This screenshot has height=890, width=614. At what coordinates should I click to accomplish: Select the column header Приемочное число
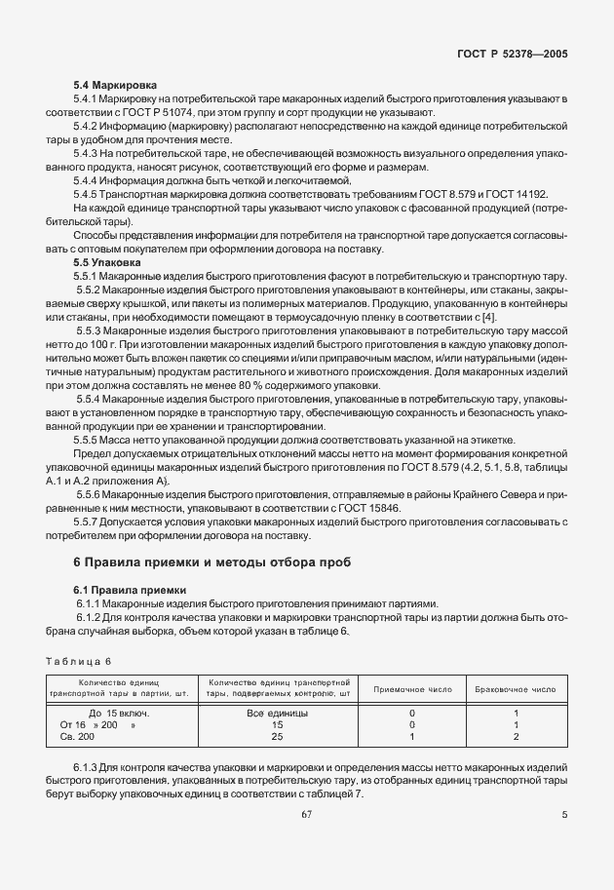pyautogui.click(x=412, y=689)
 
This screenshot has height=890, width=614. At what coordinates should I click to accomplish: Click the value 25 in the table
pyautogui.click(x=278, y=738)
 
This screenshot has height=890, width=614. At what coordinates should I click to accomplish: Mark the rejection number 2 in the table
pyautogui.click(x=515, y=738)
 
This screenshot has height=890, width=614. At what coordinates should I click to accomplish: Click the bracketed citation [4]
pyautogui.click(x=489, y=318)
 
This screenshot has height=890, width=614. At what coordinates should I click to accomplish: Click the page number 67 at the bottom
pyautogui.click(x=306, y=815)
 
